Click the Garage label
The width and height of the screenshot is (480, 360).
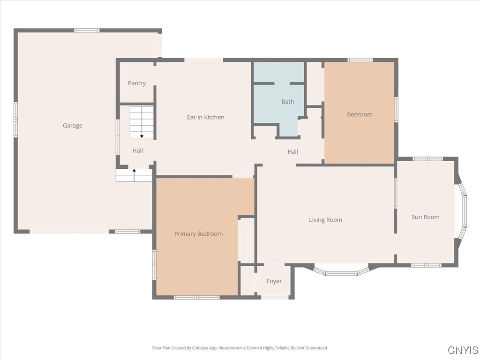click(73, 126)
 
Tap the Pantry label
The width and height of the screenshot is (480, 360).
click(137, 83)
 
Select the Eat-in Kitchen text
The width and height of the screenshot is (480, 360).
click(206, 117)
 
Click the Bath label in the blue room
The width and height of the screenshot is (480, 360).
click(288, 102)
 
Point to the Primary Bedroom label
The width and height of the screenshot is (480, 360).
click(198, 234)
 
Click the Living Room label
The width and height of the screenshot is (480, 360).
click(325, 220)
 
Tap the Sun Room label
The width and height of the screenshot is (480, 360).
click(426, 217)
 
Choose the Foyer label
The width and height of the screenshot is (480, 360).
click(274, 281)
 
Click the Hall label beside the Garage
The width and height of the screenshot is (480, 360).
click(137, 150)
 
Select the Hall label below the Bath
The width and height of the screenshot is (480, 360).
click(292, 151)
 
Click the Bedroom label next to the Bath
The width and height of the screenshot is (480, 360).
click(360, 114)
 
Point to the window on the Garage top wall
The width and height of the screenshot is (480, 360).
click(87, 30)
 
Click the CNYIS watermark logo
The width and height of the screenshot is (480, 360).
click(463, 350)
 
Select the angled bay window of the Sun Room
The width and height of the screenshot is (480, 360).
click(463, 211)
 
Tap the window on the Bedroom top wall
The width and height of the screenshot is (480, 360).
click(360, 60)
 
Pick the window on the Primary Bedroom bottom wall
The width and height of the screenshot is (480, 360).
click(196, 297)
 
